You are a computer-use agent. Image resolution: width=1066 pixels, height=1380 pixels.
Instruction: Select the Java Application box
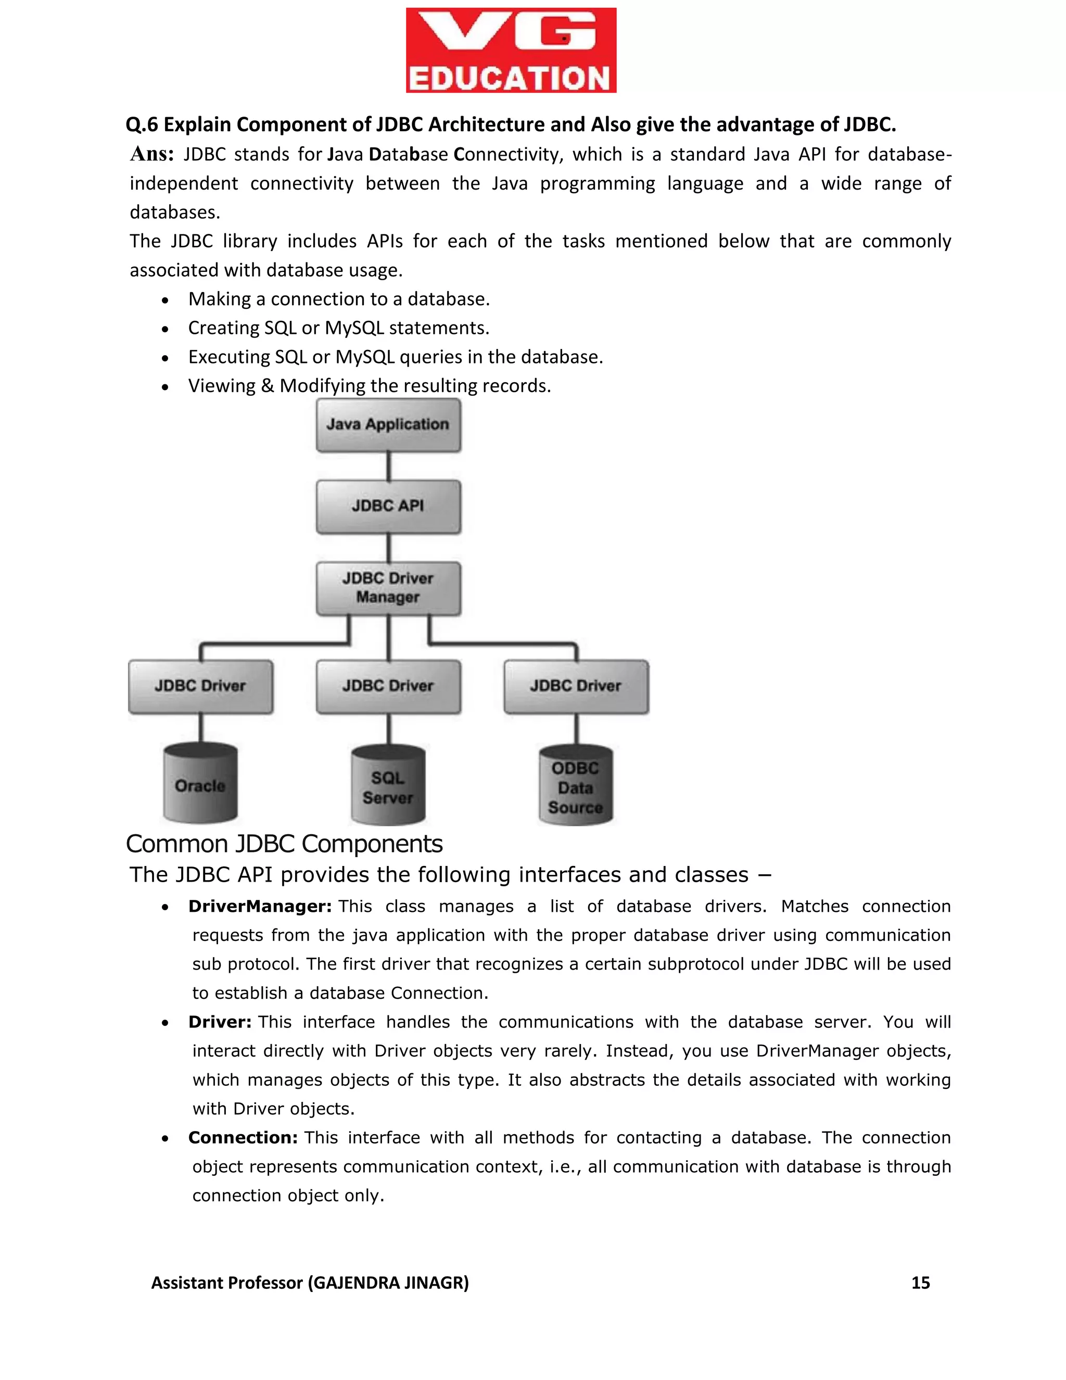pyautogui.click(x=388, y=424)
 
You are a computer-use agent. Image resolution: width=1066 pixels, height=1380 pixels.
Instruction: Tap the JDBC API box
pyautogui.click(x=388, y=506)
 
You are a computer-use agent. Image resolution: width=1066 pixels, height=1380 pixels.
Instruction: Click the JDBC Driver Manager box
pyautogui.click(x=388, y=588)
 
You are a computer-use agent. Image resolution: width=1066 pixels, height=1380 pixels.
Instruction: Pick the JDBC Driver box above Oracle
pyautogui.click(x=201, y=686)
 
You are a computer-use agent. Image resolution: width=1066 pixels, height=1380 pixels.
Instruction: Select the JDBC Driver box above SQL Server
pyautogui.click(x=388, y=686)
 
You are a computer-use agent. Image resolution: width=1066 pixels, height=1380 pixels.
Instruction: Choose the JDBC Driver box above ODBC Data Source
pyautogui.click(x=576, y=686)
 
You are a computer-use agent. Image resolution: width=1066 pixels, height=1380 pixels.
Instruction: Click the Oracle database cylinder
pyautogui.click(x=201, y=785)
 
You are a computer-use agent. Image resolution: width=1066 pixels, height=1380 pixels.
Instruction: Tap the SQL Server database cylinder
pyautogui.click(x=388, y=787)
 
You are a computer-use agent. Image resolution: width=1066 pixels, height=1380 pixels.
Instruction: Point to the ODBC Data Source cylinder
pyautogui.click(x=576, y=787)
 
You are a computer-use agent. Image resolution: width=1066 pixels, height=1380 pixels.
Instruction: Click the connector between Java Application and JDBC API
pyautogui.click(x=388, y=466)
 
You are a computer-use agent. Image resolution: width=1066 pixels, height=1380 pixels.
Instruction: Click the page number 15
pyautogui.click(x=920, y=1283)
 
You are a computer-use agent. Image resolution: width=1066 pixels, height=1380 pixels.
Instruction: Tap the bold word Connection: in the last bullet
pyautogui.click(x=243, y=1137)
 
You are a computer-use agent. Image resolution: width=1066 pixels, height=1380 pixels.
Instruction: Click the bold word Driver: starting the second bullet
pyautogui.click(x=220, y=1022)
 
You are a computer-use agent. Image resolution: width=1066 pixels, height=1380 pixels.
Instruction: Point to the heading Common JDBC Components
pyautogui.click(x=284, y=844)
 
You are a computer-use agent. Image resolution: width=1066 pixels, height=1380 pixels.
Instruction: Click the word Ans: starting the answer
pyautogui.click(x=151, y=154)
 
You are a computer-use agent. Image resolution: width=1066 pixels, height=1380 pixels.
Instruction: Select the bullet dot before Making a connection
pyautogui.click(x=165, y=300)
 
